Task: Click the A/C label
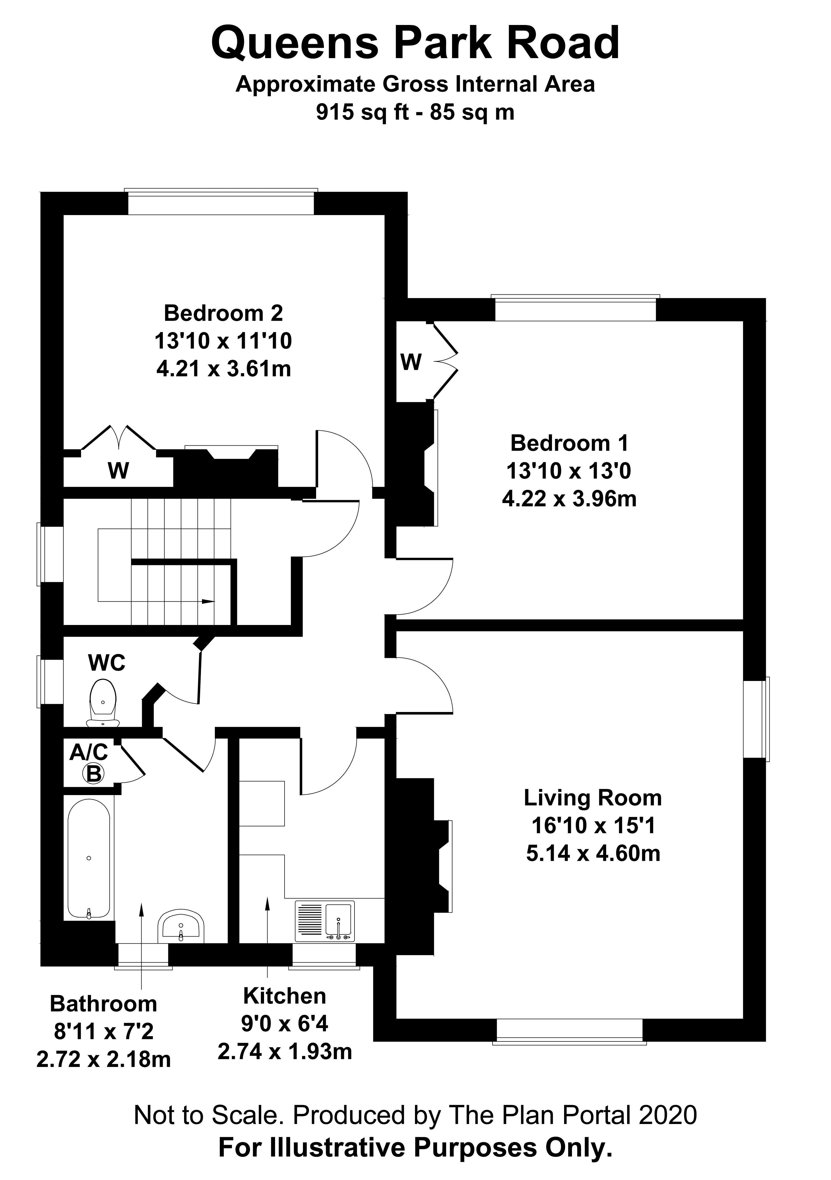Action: [88, 752]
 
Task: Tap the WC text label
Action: [107, 663]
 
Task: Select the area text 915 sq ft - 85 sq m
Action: [415, 111]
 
